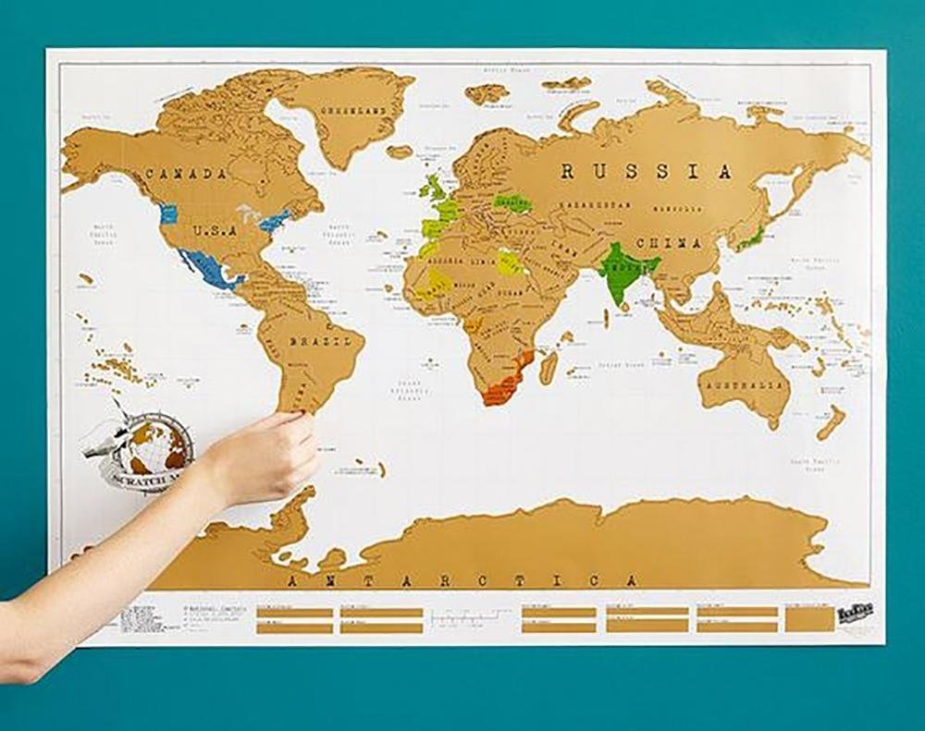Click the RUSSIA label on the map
click(x=646, y=172)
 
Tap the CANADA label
click(x=187, y=174)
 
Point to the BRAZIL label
click(x=320, y=341)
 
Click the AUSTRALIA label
click(x=745, y=384)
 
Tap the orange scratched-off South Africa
click(x=504, y=389)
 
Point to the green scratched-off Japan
click(x=751, y=238)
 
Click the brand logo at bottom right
click(x=857, y=614)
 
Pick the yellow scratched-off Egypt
click(x=510, y=263)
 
